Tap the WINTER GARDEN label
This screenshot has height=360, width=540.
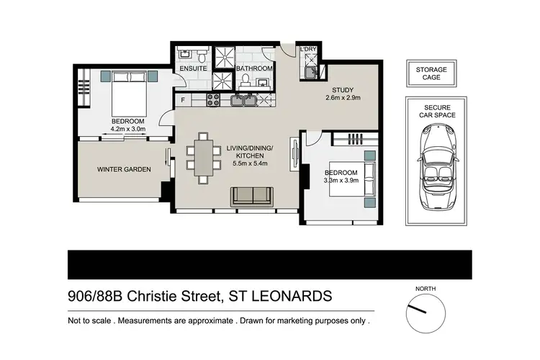tap(124, 170)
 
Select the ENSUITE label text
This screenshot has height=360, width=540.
tap(194, 68)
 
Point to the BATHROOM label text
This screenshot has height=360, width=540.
tap(256, 68)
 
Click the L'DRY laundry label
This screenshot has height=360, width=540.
tap(308, 49)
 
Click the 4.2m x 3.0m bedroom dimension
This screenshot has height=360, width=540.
tap(128, 130)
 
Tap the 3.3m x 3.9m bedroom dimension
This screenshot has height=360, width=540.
tap(341, 181)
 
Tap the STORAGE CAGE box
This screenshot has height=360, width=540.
tap(431, 74)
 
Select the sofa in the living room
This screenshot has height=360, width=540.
tap(251, 196)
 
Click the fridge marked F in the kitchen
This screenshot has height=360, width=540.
tap(184, 99)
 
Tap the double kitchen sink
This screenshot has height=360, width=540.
tap(250, 100)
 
